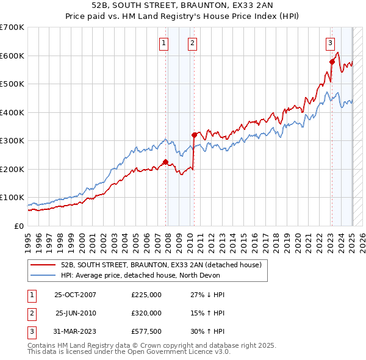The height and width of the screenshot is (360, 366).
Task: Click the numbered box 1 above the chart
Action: coord(165,43)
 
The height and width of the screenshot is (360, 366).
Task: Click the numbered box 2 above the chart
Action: coord(192,43)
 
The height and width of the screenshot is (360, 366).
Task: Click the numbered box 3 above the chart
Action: coord(330,43)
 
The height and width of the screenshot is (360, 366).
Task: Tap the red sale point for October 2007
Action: coord(165,162)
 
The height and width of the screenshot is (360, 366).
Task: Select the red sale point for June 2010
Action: coord(194,135)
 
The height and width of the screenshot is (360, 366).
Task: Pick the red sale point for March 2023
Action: coord(332,62)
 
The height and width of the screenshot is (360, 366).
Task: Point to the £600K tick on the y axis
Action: coord(12,56)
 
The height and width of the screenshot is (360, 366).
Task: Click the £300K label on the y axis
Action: coord(12,140)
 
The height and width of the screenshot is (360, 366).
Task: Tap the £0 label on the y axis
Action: coord(18,226)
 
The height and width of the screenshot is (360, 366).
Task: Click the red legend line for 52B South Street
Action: coord(43,265)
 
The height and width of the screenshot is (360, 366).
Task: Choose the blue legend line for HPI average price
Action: coord(43,276)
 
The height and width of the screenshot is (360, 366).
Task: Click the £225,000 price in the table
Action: coord(146,295)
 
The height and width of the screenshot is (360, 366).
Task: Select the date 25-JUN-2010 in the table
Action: coord(76,313)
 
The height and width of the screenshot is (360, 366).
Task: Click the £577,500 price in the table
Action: coord(146,331)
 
